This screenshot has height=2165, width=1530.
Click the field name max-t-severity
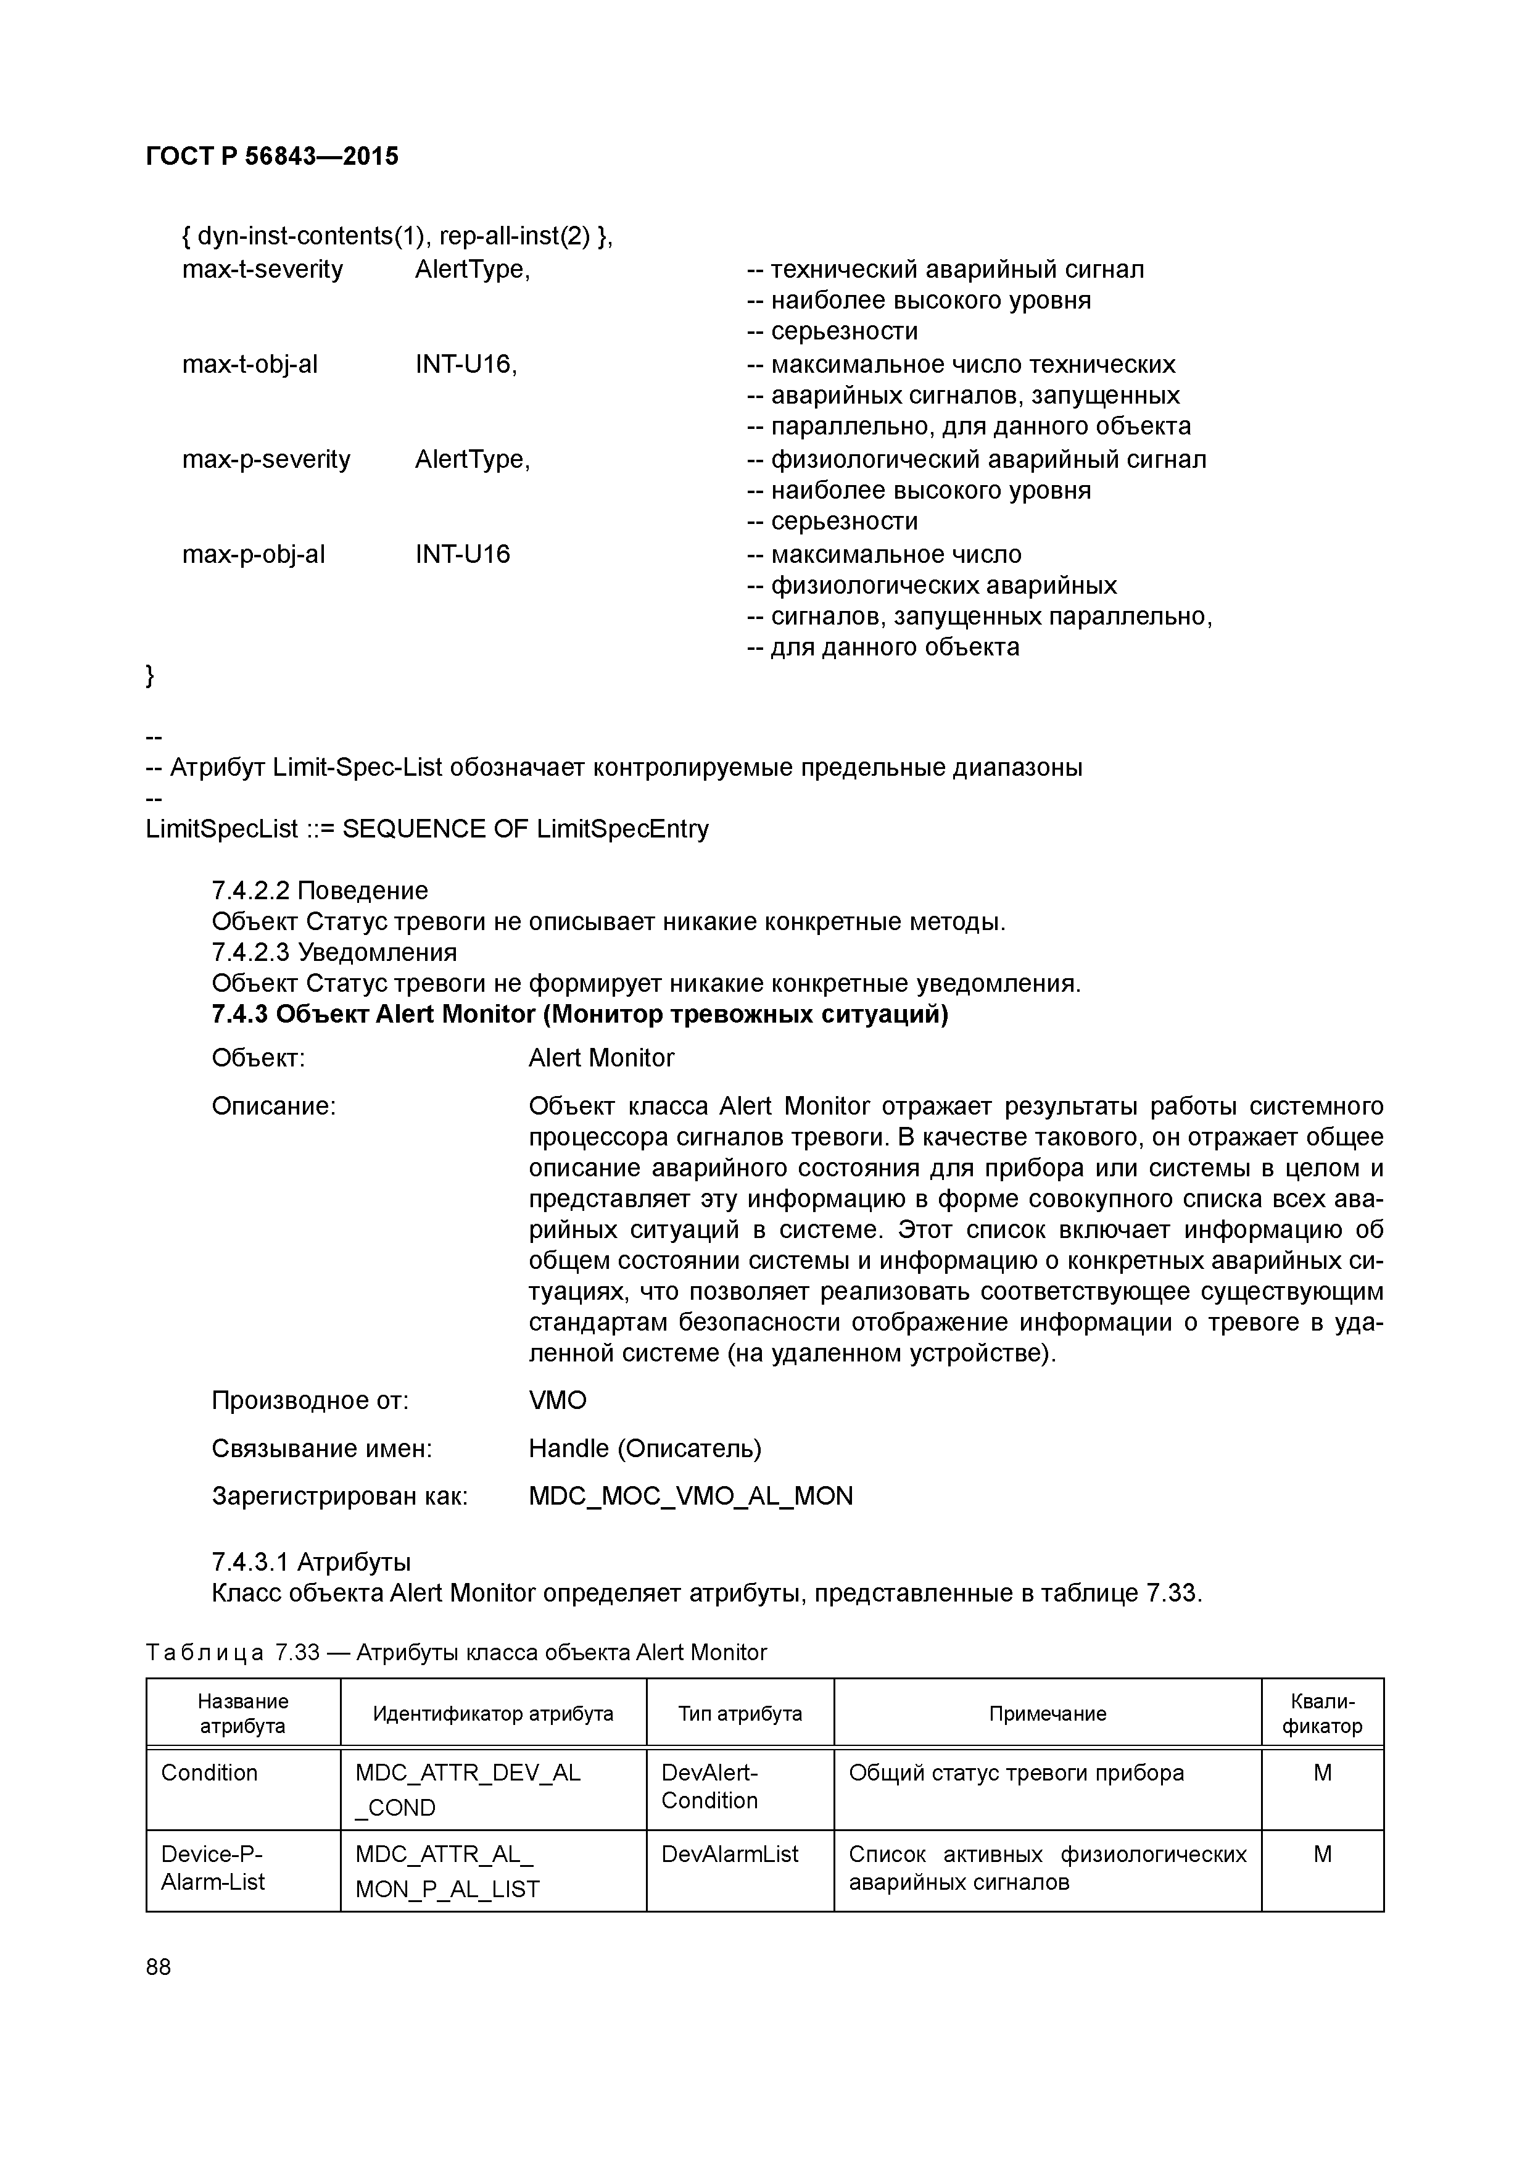(x=262, y=270)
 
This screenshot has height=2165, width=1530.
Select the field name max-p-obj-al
(x=253, y=554)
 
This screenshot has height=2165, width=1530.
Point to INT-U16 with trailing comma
(x=466, y=364)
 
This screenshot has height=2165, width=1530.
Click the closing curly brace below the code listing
(x=150, y=675)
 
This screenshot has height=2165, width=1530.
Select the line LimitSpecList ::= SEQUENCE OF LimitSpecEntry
(x=427, y=829)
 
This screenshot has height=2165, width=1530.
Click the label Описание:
(x=273, y=1105)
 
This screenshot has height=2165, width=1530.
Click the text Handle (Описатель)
(x=645, y=1447)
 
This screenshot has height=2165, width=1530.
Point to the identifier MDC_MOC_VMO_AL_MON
(x=690, y=1495)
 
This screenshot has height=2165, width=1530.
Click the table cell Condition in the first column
(x=209, y=1772)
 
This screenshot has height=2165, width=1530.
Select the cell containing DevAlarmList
(x=730, y=1854)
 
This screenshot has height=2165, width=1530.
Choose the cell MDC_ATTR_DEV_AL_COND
(x=468, y=1789)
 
